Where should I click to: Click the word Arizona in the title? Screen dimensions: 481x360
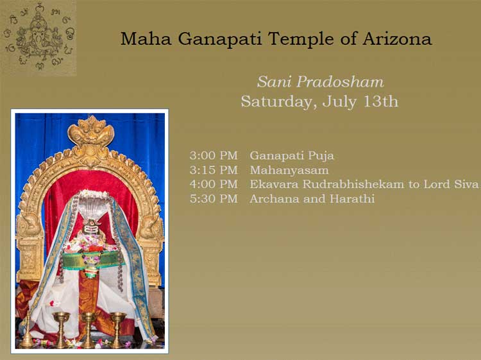(397, 39)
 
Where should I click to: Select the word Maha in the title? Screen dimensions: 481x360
(146, 39)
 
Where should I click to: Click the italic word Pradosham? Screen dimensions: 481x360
(340, 82)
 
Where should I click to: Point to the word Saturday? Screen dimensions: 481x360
(278, 101)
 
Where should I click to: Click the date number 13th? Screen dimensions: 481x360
(380, 101)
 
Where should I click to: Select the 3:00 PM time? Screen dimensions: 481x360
(214, 155)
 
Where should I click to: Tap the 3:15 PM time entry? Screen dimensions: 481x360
(214, 169)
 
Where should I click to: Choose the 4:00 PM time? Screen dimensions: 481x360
(214, 184)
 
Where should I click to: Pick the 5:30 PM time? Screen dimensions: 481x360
(214, 198)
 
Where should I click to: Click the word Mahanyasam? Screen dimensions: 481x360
(289, 169)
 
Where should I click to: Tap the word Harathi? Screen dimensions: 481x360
(352, 198)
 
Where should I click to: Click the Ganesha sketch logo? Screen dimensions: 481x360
(38, 37)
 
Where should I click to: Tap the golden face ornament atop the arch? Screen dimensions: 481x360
(91, 131)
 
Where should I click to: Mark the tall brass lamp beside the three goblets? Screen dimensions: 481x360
(27, 331)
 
